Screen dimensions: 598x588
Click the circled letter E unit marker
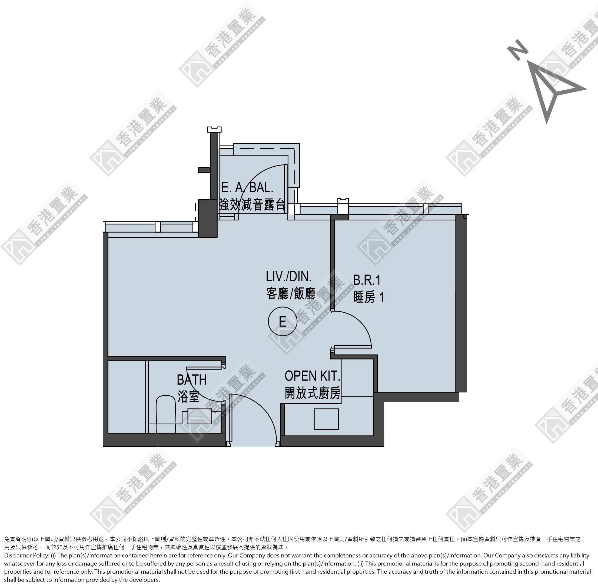click(x=282, y=322)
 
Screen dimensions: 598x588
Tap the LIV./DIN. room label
click(x=289, y=276)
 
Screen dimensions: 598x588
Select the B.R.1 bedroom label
click(x=367, y=280)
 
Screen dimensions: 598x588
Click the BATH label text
click(x=192, y=379)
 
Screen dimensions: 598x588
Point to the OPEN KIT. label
click(x=312, y=376)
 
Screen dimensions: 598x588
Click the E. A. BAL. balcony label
click(x=248, y=188)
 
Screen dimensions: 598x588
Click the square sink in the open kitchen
click(x=326, y=419)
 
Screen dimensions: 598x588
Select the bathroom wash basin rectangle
click(x=200, y=416)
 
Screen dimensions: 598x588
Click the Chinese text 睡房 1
click(x=369, y=298)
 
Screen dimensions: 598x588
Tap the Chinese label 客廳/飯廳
click(x=291, y=293)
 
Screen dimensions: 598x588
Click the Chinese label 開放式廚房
click(x=313, y=393)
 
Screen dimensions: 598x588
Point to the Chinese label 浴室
click(x=188, y=397)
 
